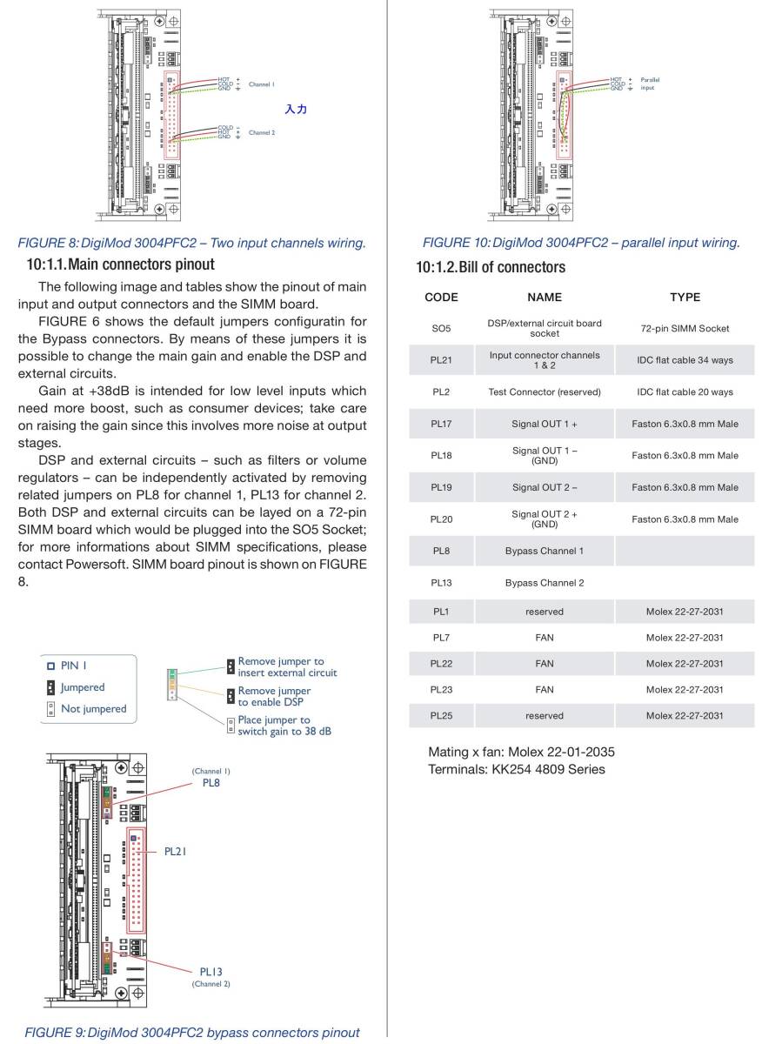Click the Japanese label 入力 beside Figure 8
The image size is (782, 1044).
pos(296,110)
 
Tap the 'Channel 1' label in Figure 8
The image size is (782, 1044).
pos(262,84)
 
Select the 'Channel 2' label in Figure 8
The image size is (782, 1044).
pos(262,133)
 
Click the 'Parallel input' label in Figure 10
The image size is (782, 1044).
pos(649,84)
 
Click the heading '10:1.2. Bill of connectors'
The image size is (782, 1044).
pos(491,267)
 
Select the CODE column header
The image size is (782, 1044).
pos(441,297)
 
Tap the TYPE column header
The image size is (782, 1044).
pos(685,297)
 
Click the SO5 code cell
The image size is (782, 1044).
pos(441,329)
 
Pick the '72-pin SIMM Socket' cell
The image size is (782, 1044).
pos(685,329)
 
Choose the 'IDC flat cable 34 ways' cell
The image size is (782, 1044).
pos(685,360)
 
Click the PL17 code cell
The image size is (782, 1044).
pos(441,424)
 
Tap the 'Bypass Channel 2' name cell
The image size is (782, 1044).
pos(545,583)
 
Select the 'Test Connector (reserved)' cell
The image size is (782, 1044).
pos(545,392)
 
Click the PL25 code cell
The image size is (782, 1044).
pos(441,716)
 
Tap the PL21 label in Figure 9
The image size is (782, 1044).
pos(175,852)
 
